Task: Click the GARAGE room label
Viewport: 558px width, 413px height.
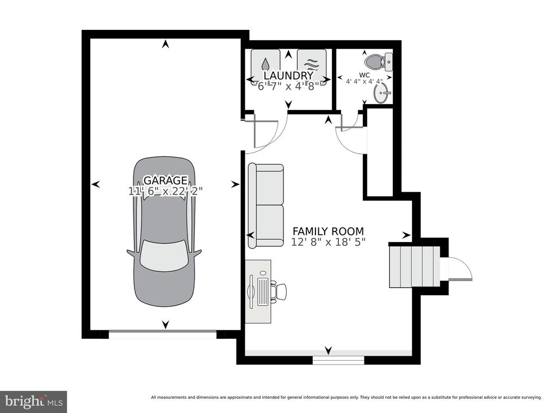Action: pos(165,180)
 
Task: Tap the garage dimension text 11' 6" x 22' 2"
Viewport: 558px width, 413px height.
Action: pos(165,191)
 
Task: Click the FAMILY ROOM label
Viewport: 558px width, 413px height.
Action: pos(328,231)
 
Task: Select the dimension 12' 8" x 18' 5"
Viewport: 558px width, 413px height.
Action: pos(328,242)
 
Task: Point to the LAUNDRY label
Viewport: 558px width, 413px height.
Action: pos(288,75)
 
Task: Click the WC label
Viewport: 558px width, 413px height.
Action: pos(365,75)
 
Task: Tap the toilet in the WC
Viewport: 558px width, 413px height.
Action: pos(379,62)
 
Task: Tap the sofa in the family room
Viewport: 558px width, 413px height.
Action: pos(266,206)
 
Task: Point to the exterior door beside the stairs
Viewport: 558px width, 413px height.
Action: pos(459,269)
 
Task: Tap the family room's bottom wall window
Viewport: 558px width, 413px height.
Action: pos(338,360)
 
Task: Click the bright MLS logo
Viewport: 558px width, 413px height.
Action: pos(33,402)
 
